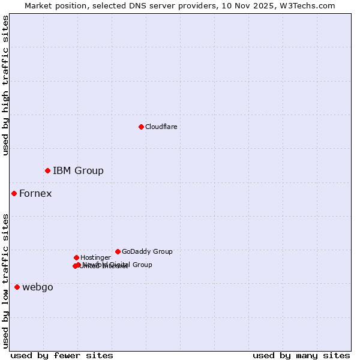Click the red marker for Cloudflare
141,127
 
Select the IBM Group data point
47,171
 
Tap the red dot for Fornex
14,193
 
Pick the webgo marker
17,287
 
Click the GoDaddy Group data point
118,251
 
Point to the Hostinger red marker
76,257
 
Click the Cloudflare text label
161,127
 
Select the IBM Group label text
78,171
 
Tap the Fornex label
35,193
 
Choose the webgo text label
38,287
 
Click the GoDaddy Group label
147,251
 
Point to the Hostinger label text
95,257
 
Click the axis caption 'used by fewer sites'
62,355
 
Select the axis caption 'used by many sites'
301,355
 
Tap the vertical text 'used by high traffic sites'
5,85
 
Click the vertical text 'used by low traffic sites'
5,281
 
